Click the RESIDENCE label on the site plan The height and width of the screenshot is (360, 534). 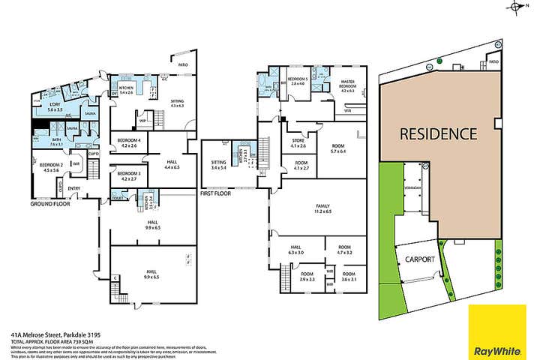tap(438, 135)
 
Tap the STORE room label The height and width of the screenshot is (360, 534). tap(298, 142)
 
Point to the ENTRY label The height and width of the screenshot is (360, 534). tap(73, 187)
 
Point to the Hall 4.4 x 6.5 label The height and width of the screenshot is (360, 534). tap(172, 165)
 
